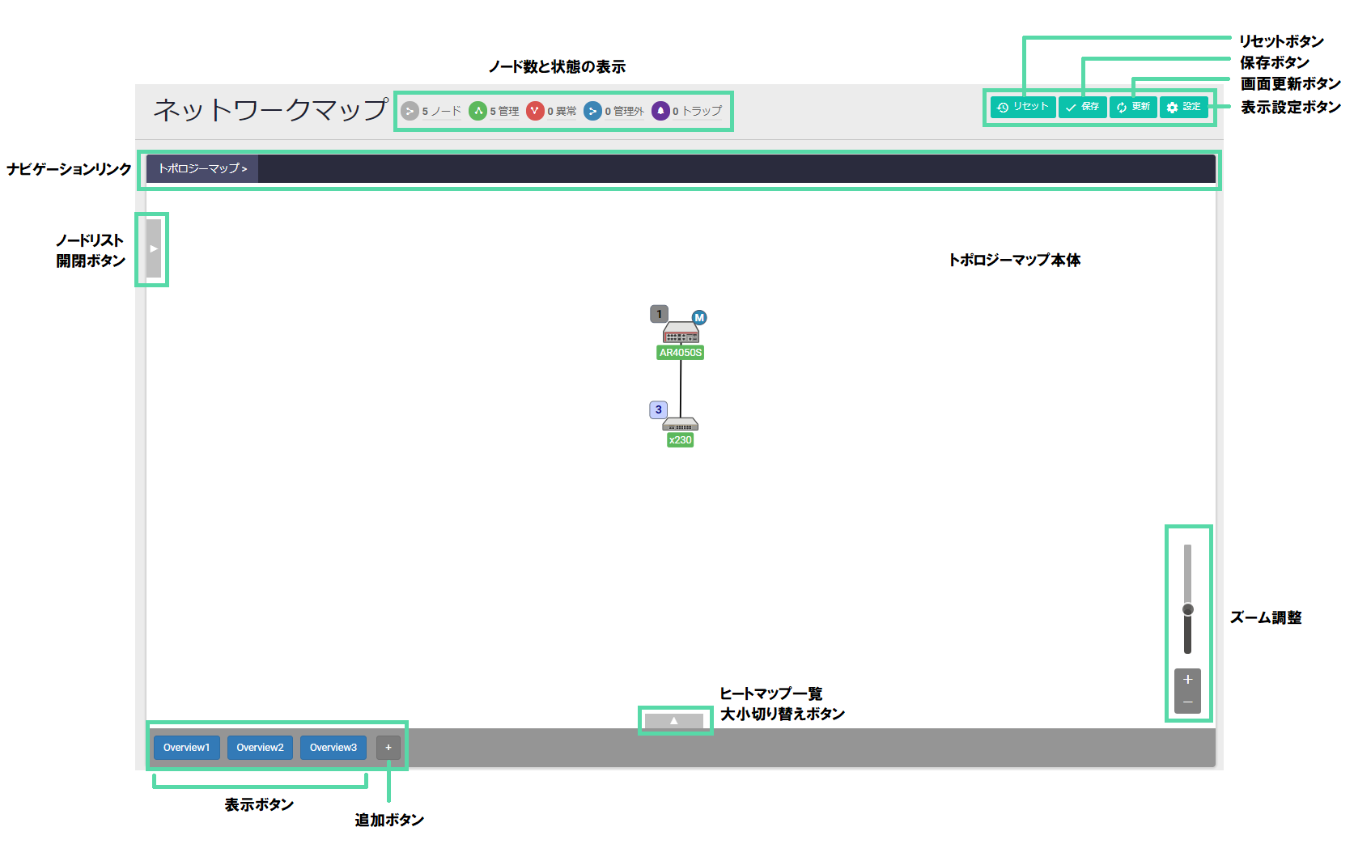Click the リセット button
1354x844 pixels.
click(x=1023, y=107)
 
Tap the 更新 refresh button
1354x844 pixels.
click(x=1133, y=107)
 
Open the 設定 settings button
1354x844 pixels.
click(x=1183, y=107)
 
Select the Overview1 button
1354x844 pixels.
click(x=186, y=748)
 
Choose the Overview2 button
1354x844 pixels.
click(x=260, y=748)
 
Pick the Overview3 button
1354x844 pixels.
click(x=333, y=748)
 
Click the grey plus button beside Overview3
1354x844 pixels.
click(x=388, y=748)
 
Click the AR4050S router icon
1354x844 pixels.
click(x=681, y=333)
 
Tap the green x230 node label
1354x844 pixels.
click(x=680, y=440)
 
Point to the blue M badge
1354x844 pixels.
click(x=699, y=318)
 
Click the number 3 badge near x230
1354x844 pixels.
click(x=659, y=410)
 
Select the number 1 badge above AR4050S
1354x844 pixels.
click(x=660, y=314)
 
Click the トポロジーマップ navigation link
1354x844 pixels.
click(x=202, y=168)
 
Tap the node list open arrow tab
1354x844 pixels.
click(x=154, y=248)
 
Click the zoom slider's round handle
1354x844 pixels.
click(x=1187, y=609)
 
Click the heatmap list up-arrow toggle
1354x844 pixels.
click(x=674, y=720)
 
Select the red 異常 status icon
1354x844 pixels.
click(x=534, y=111)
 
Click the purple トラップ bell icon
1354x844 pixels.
click(x=660, y=111)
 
